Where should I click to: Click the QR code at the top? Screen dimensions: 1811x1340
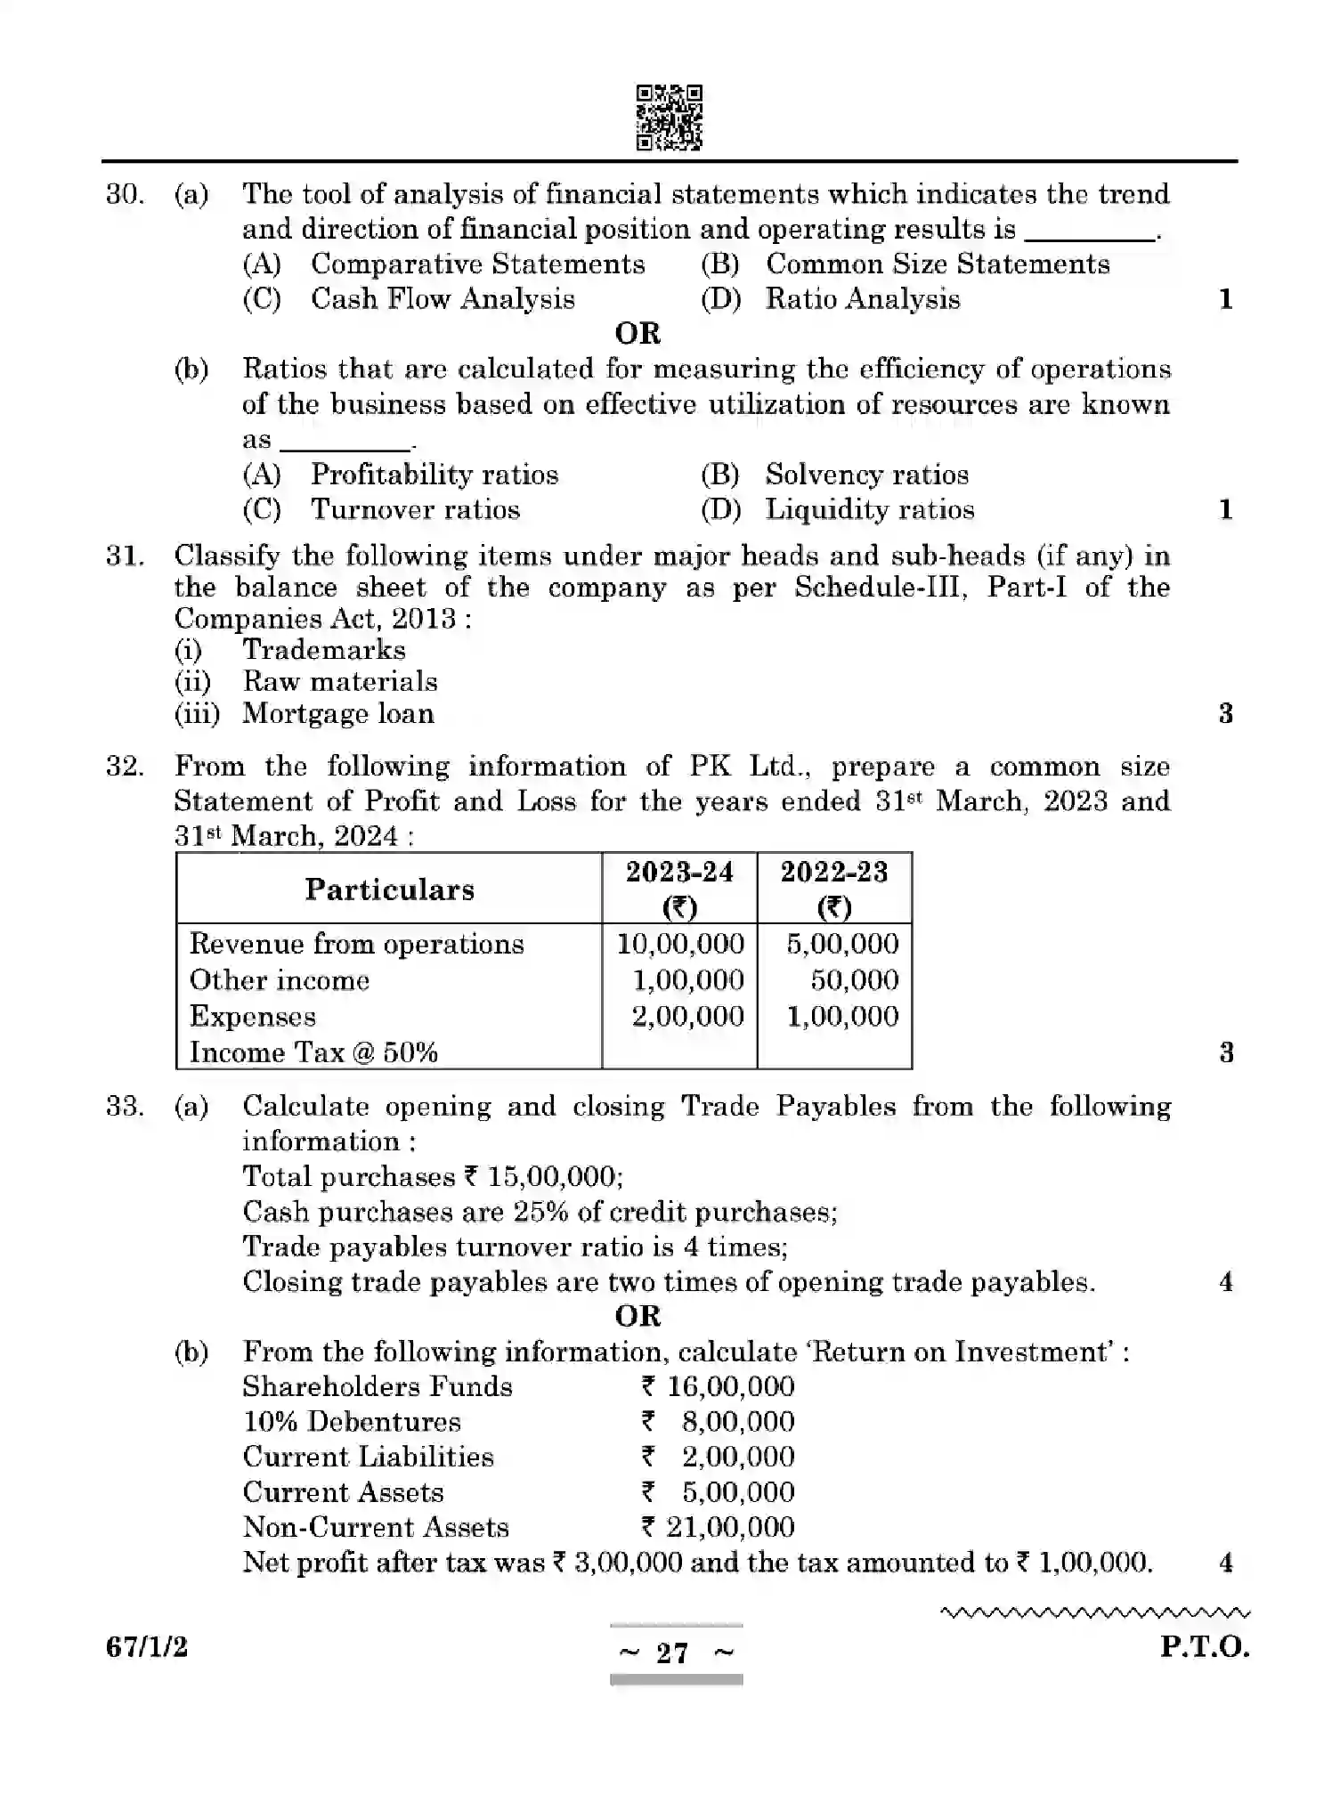(x=669, y=118)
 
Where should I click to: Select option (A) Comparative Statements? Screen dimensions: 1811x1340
(x=477, y=264)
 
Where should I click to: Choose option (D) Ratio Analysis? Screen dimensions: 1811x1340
(x=862, y=299)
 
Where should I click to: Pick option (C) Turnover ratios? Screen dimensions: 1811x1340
(x=414, y=510)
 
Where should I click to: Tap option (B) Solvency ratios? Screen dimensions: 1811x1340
(x=866, y=475)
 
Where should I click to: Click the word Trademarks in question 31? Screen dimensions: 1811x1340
(x=324, y=650)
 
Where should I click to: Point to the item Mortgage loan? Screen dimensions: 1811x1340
(x=338, y=714)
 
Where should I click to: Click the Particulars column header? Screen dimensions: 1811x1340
(x=389, y=889)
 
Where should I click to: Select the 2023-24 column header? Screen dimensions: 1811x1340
(x=679, y=873)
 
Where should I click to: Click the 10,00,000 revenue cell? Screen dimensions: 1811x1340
(x=680, y=944)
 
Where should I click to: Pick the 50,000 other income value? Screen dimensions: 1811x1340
(x=854, y=980)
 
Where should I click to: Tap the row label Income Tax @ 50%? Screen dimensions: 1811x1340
(x=313, y=1052)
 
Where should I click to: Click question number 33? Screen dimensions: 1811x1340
(x=125, y=1107)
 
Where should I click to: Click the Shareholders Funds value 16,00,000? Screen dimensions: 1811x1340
(x=728, y=1387)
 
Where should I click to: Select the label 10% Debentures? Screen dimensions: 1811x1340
(x=352, y=1422)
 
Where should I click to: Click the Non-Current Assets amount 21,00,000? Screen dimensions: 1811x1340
(x=728, y=1527)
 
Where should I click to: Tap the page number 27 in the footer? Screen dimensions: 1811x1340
(x=672, y=1653)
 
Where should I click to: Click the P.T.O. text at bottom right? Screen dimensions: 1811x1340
(x=1204, y=1647)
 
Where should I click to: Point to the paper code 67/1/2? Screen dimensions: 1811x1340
(x=147, y=1647)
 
